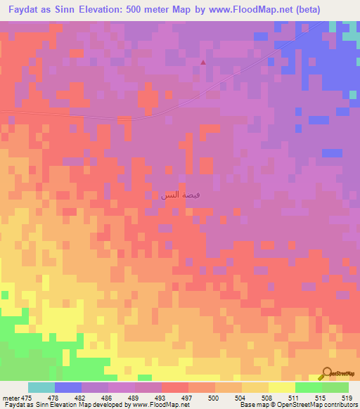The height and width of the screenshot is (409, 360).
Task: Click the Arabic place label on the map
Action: click(x=180, y=195)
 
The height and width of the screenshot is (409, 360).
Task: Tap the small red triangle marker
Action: click(x=203, y=62)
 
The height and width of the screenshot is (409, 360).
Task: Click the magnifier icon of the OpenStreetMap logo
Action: click(x=328, y=373)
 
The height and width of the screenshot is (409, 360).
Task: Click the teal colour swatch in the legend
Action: click(x=41, y=387)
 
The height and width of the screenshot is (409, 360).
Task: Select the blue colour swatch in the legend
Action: click(x=68, y=387)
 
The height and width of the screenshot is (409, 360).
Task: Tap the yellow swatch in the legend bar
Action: click(x=282, y=387)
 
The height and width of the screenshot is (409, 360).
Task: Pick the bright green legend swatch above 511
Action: click(x=309, y=387)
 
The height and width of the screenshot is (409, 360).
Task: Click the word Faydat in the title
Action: click(x=25, y=10)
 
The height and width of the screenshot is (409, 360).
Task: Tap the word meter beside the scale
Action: click(x=11, y=397)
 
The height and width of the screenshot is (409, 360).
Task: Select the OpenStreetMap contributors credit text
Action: click(x=316, y=405)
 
